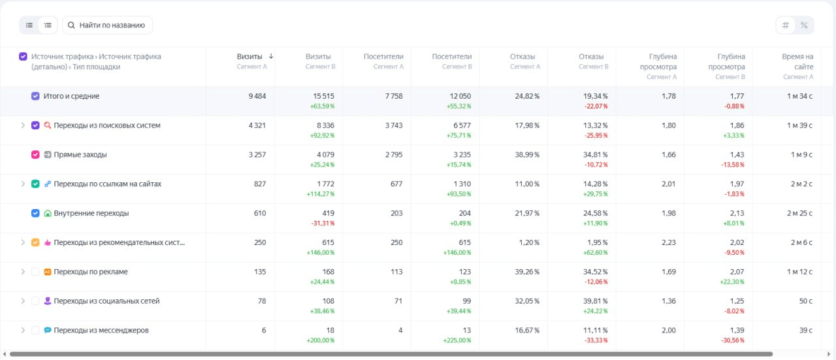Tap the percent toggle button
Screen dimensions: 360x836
[804, 25]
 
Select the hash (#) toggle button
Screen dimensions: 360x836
[785, 25]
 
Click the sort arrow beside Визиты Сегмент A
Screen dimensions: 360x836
[271, 56]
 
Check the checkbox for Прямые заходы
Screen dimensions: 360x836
[35, 155]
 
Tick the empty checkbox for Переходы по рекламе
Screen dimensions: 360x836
[35, 272]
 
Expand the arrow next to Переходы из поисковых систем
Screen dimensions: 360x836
[23, 125]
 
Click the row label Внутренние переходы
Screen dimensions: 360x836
[91, 213]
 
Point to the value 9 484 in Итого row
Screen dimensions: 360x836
[257, 96]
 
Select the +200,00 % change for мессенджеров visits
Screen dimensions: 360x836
[320, 340]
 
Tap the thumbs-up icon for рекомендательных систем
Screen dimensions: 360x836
[48, 242]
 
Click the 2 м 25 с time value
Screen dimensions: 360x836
[799, 213]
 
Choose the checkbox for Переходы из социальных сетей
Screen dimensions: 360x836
[35, 301]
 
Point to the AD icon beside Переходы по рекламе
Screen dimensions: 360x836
[48, 272]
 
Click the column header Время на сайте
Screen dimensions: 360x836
[797, 61]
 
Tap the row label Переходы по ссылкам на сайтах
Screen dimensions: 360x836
[107, 184]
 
